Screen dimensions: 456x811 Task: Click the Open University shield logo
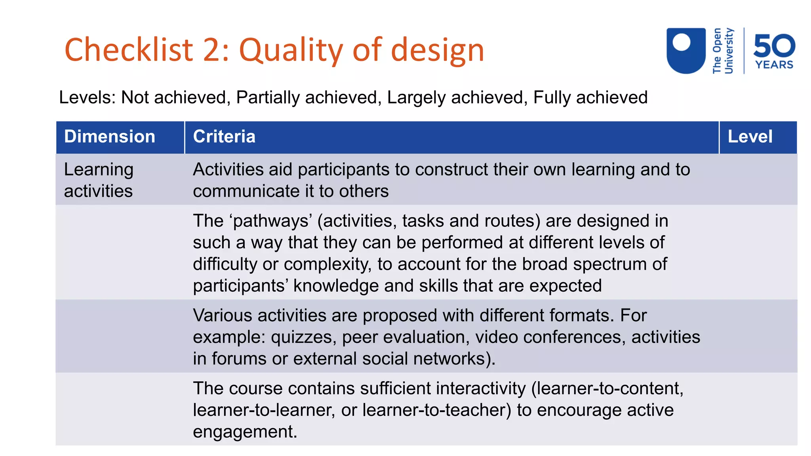click(x=686, y=50)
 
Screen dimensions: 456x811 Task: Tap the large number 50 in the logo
click(x=774, y=46)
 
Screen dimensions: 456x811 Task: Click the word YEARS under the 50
click(x=774, y=65)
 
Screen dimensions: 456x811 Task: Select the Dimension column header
click(x=110, y=137)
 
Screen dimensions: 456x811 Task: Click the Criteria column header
click(x=224, y=137)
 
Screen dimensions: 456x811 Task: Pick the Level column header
click(x=750, y=137)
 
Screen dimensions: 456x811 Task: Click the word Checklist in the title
click(x=129, y=50)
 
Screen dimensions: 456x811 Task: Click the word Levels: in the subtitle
click(x=87, y=97)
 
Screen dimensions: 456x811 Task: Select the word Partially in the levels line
click(x=268, y=97)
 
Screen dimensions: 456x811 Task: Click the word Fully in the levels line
click(x=552, y=97)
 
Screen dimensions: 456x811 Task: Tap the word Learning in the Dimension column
click(x=99, y=169)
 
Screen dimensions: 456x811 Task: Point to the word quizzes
click(x=303, y=337)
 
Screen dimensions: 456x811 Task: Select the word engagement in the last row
click(x=245, y=431)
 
